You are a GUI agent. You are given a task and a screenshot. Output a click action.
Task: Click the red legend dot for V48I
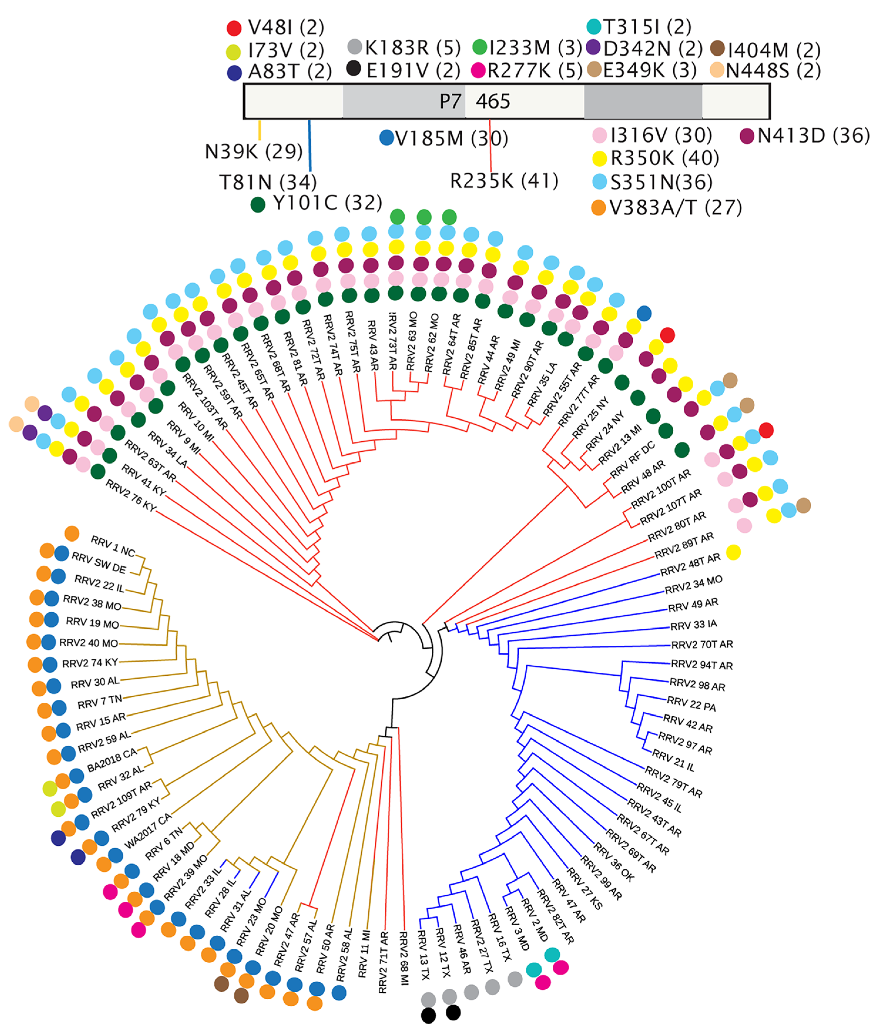[x=234, y=28]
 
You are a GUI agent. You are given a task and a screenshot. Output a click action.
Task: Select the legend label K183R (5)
[x=413, y=48]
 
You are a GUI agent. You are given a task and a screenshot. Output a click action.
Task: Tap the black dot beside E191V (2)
[x=354, y=69]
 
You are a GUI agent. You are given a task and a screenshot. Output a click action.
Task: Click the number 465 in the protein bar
[x=493, y=101]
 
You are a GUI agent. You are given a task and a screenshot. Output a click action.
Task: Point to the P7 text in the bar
[x=450, y=101]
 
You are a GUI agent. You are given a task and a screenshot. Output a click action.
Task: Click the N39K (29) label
[x=254, y=152]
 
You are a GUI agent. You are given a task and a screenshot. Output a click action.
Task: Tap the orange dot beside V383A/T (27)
[x=599, y=208]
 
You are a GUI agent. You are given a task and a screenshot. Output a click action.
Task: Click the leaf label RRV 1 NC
[x=113, y=546]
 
